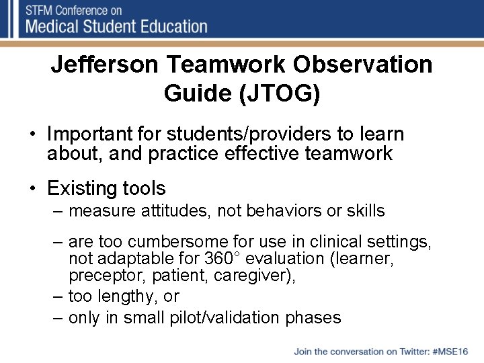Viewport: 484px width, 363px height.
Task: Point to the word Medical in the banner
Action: click(x=57, y=27)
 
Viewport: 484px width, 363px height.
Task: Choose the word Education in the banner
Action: click(x=173, y=27)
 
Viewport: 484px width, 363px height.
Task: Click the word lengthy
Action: click(x=132, y=296)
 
